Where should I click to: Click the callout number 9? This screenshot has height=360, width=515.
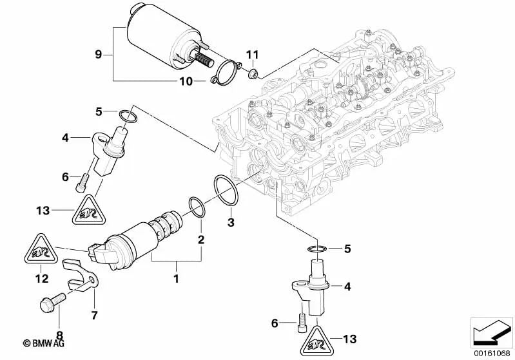[99, 54]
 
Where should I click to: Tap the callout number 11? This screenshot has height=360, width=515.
[253, 53]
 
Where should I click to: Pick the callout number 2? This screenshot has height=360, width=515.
[200, 240]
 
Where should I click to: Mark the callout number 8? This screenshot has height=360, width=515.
[59, 335]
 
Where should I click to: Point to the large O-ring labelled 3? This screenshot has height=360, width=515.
[226, 191]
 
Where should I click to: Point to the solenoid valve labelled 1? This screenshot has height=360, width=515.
[139, 235]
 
